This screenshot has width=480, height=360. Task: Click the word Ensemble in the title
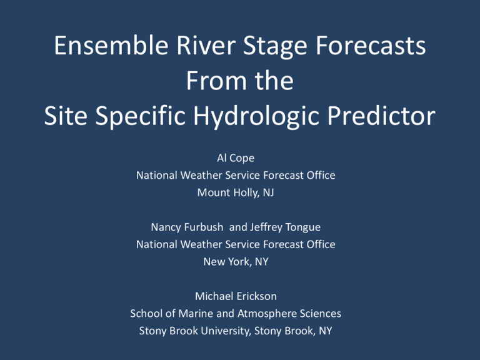tap(111, 45)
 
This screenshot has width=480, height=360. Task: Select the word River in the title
tap(206, 45)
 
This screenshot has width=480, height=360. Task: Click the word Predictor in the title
tap(381, 116)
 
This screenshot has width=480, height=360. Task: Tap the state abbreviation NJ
tap(268, 193)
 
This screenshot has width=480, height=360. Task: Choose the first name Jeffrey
tap(266, 227)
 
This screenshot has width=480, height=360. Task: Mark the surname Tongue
tap(302, 227)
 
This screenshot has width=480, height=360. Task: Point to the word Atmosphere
tap(267, 314)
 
